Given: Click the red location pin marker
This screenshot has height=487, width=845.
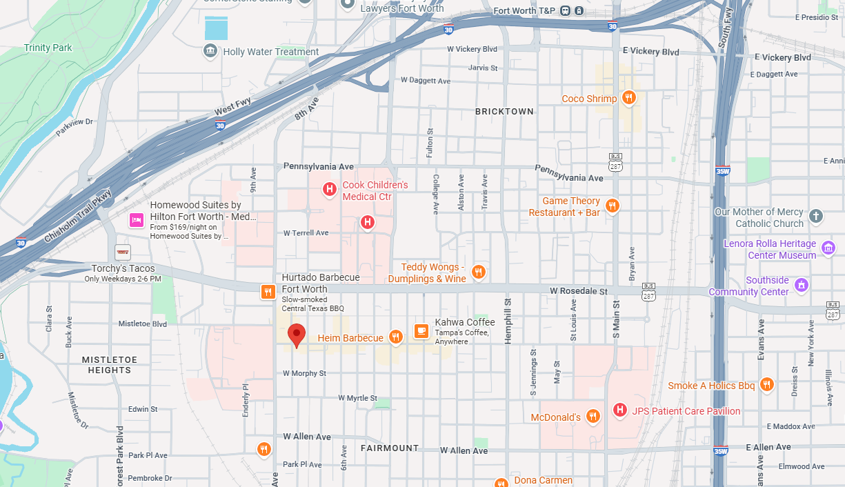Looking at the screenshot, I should pos(297,335).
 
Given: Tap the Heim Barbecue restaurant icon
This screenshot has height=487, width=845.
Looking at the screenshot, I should pos(395,337).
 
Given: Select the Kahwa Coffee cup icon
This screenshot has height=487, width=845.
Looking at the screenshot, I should pos(421,331).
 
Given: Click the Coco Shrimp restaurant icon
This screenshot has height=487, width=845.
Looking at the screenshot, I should pos(628,98).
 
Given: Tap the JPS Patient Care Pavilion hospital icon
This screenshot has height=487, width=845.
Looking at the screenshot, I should pos(619,410).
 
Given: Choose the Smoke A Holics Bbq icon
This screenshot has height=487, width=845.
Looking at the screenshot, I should pos(766,385).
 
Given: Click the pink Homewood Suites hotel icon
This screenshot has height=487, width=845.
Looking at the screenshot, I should pos(137,220).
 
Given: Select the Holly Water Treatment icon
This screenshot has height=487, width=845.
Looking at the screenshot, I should pos(210,51).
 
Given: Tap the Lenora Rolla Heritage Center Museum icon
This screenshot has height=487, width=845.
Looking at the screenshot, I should pos(828,248).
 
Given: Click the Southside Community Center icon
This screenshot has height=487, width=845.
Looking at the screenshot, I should pos(801,284).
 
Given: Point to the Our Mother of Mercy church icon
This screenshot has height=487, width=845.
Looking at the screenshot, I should pos(816,216).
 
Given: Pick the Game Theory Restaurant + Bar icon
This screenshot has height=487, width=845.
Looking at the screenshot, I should pos(612,206).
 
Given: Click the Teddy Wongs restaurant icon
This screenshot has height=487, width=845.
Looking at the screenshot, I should pos(478,272).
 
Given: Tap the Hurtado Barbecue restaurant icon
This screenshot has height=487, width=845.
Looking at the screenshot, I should pos(268,292).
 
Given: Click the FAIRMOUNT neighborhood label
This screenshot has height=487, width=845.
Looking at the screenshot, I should pos(390,448).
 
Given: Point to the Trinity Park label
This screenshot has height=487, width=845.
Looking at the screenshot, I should pos(48,48).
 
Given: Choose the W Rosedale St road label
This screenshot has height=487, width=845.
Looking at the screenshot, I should pos(578,291).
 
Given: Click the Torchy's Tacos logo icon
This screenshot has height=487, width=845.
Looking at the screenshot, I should pos(123,252).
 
